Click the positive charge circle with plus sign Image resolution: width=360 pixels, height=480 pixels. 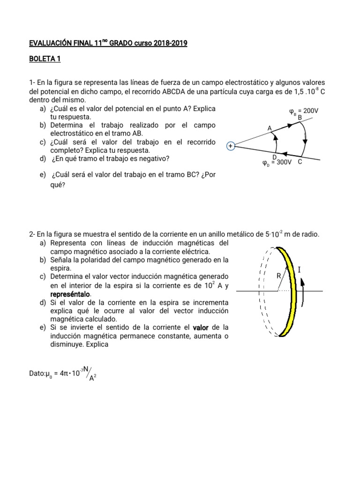(230, 146)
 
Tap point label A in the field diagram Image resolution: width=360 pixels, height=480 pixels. (270, 128)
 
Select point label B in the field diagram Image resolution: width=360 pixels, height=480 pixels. (300, 117)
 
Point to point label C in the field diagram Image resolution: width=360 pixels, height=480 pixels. (300, 162)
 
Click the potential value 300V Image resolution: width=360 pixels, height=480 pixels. (282, 163)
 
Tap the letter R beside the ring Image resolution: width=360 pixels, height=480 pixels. (278, 276)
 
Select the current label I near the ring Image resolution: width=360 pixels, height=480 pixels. (299, 270)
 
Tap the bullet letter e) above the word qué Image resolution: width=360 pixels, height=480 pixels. (43, 175)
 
